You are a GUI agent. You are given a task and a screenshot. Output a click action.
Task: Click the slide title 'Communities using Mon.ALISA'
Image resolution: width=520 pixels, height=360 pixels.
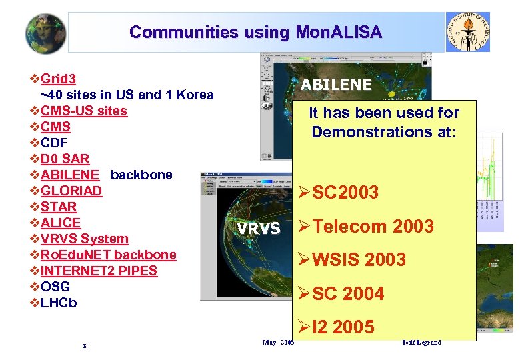coord(255,32)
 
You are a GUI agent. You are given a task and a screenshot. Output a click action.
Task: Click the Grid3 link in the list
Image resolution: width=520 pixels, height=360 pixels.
coord(58,79)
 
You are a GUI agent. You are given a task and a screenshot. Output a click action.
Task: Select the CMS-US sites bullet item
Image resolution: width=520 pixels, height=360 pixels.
coord(83,111)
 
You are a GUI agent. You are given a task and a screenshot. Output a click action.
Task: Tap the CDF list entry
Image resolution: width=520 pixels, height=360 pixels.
coord(54,143)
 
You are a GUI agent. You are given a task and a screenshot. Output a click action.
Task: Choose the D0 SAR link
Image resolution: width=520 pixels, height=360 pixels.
coord(65,159)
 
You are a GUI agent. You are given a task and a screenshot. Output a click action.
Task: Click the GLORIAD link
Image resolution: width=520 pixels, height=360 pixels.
coord(71,191)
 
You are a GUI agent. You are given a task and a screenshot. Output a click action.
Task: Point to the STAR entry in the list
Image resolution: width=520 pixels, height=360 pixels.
coord(59,207)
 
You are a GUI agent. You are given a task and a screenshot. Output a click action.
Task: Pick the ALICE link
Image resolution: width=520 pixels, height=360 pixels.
coord(60,223)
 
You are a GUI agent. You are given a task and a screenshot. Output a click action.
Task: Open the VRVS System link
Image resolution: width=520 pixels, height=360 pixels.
coord(84,239)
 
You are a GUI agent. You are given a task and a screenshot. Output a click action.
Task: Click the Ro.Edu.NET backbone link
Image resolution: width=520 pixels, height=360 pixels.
coord(108,255)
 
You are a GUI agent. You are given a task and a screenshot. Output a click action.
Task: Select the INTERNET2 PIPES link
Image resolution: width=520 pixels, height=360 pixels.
coord(99,271)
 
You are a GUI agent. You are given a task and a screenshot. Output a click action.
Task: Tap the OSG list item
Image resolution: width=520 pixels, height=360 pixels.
coord(55,287)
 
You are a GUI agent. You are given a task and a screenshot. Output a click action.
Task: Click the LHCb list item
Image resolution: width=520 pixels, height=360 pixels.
coord(59,303)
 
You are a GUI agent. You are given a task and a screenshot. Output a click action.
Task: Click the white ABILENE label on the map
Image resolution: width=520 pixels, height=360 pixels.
coord(336,85)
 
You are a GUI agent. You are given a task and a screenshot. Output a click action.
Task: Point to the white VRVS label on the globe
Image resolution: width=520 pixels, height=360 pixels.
coord(259,229)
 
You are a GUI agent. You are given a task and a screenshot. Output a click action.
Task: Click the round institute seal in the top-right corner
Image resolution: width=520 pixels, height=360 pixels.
coord(467,31)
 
